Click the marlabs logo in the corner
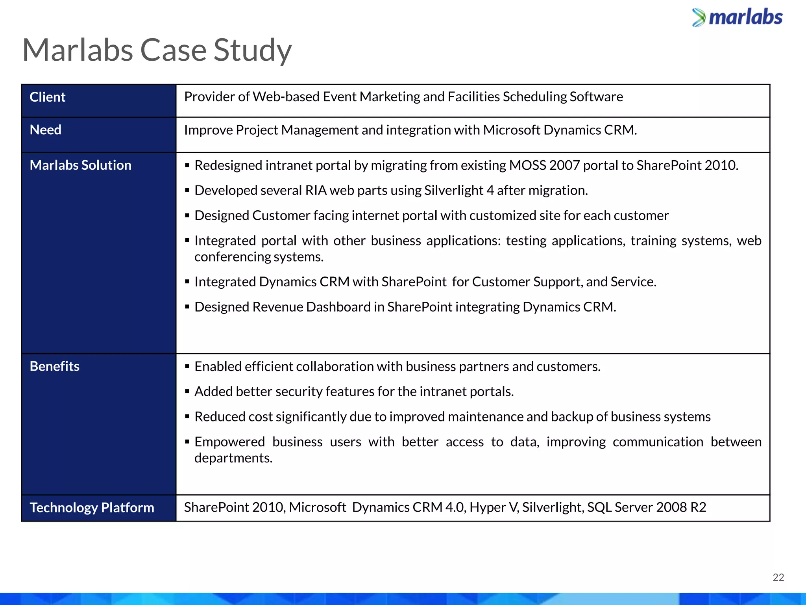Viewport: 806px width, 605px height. click(737, 18)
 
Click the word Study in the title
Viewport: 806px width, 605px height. click(252, 50)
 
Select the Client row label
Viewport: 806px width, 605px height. click(48, 97)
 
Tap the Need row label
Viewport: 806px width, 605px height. click(46, 130)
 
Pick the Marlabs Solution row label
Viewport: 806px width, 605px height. click(81, 165)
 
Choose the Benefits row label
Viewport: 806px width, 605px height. click(55, 366)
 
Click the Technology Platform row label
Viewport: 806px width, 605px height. click(92, 507)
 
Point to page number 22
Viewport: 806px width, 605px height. click(778, 577)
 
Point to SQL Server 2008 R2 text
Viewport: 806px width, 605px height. click(647, 507)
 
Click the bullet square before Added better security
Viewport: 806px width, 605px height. click(187, 392)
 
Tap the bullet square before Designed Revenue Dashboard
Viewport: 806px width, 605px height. click(187, 307)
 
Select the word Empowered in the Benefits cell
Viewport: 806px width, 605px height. click(229, 442)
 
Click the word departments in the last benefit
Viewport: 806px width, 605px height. click(233, 458)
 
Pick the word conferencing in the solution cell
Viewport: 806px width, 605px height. click(233, 257)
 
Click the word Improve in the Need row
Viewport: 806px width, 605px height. click(208, 130)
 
